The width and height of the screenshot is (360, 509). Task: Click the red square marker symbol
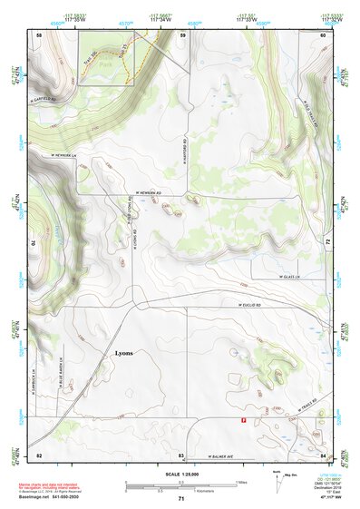click(x=243, y=420)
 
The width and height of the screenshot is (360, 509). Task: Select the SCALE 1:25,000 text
click(x=180, y=475)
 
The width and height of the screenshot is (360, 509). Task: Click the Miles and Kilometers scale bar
click(x=180, y=485)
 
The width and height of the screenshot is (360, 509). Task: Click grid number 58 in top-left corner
click(x=39, y=34)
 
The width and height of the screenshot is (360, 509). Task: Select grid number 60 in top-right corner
click(x=324, y=34)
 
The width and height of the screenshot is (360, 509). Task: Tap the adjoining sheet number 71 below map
click(x=180, y=499)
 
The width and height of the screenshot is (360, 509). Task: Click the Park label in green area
click(x=102, y=65)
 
